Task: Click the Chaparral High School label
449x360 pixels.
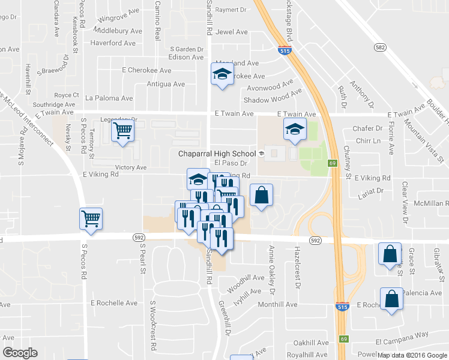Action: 217,154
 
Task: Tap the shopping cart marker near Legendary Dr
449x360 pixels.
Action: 123,130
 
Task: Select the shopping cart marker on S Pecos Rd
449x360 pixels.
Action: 91,218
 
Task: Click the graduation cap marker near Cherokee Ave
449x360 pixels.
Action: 222,75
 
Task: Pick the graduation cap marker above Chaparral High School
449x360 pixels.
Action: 294,130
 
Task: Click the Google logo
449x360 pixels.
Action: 20,353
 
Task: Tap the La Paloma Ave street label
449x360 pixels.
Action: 109,98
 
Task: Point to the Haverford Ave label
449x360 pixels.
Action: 113,43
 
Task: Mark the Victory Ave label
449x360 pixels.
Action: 131,167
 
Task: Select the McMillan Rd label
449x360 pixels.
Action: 431,203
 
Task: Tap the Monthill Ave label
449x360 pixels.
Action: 278,304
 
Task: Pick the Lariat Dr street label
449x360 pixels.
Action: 370,191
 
